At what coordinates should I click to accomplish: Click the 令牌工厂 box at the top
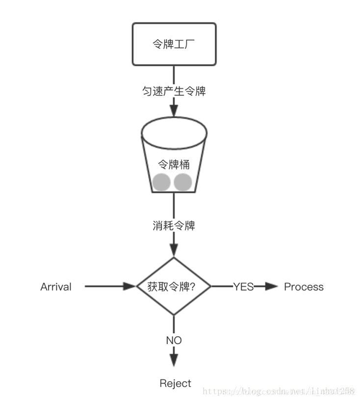pos(174,44)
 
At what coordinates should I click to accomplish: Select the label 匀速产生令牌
pos(174,91)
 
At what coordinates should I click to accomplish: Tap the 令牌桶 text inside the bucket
pos(173,164)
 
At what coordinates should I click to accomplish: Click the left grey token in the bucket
pos(161,182)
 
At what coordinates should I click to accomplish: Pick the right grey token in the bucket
pos(183,182)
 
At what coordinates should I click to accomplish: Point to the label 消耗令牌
pos(174,226)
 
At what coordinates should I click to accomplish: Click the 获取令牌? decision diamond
pos(174,286)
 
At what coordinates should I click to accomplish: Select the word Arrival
pos(56,287)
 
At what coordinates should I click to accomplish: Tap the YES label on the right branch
pos(243,287)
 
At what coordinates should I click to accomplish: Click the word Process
pos(304,287)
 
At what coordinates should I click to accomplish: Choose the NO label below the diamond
pos(174,340)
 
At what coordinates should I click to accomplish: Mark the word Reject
pos(175,383)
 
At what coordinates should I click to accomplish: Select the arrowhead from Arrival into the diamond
pos(129,286)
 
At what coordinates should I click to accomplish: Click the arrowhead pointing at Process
pos(272,287)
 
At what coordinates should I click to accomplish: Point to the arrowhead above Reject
pos(174,361)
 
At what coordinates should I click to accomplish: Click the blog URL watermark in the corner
pos(279,391)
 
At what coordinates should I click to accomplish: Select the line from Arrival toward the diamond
pos(105,286)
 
